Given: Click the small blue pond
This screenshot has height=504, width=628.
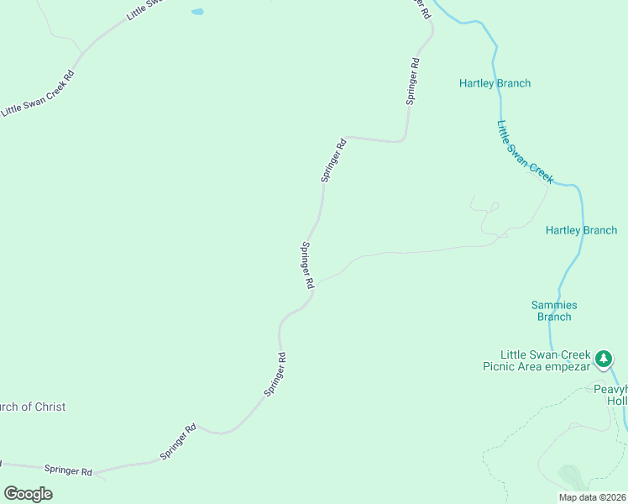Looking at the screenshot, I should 197,12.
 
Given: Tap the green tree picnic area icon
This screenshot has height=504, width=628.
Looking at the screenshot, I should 603,360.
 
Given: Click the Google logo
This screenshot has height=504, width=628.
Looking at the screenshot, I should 28,493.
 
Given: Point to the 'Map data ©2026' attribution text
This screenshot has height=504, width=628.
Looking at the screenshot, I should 592,497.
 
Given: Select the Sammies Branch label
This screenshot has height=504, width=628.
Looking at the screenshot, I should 554,311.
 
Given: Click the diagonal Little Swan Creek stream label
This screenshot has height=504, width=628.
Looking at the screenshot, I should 525,152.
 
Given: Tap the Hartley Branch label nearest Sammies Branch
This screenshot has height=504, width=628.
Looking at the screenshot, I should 581,230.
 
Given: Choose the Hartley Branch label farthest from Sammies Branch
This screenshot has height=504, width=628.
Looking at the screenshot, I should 495,83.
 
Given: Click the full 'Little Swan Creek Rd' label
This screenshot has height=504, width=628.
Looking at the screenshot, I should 39,93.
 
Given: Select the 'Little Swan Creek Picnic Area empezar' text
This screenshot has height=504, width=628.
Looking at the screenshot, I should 544,360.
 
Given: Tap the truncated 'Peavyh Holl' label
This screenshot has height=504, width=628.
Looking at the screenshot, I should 610,395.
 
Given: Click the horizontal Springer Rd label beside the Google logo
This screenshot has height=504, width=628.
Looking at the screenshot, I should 68,471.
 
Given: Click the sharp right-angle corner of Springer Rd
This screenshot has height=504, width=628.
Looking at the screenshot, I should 348,136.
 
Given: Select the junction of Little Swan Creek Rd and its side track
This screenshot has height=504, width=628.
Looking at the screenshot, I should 81,54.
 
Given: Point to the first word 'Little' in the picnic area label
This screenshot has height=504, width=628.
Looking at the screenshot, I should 515,354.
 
